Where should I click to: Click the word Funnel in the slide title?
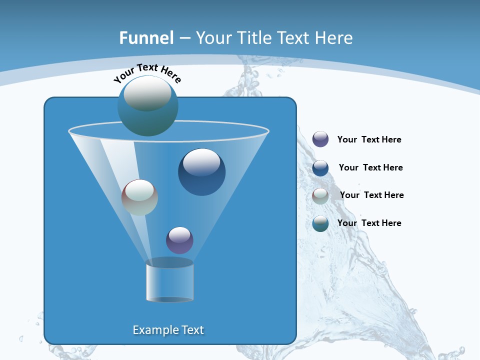146,38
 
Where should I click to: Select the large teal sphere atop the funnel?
148,106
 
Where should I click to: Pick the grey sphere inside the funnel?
139,197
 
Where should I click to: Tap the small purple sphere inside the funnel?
179,240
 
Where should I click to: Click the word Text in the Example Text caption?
192,330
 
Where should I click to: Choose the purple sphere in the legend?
320,139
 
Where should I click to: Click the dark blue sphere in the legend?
320,168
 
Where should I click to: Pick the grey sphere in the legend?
320,196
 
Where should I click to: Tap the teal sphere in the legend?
320,223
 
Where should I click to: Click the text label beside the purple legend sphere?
369,140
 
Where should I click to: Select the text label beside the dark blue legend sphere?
370,168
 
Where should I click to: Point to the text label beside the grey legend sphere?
371,195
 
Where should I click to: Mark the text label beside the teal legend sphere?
369,223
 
